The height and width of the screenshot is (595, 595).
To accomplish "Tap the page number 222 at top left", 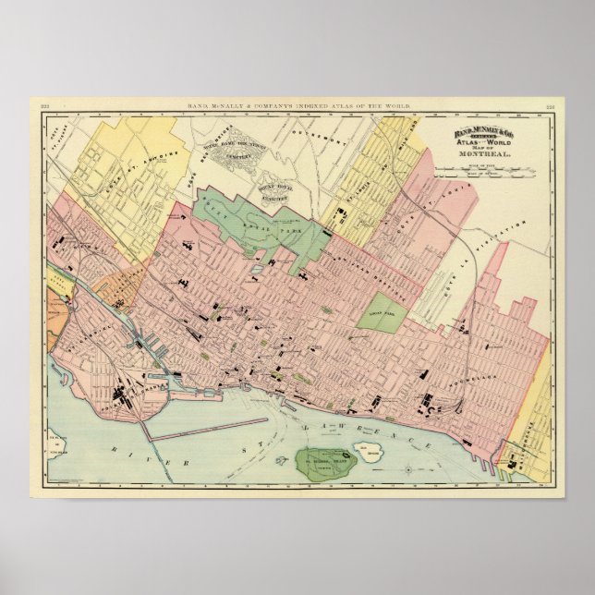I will pos(43,106).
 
